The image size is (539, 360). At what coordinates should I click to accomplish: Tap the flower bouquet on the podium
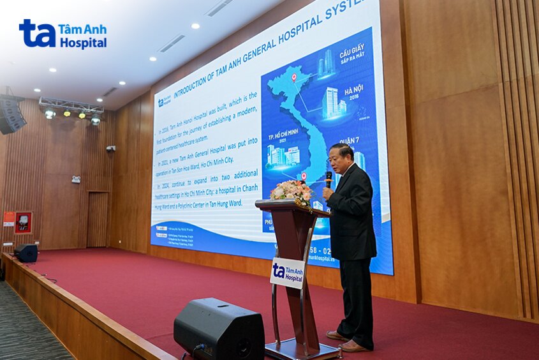(292, 191)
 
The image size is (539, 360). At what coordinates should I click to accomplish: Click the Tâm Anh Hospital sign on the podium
(287, 272)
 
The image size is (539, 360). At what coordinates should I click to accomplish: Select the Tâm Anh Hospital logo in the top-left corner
(63, 34)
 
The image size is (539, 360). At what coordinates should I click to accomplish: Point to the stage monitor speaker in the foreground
(219, 329)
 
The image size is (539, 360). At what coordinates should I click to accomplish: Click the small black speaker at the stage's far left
(26, 253)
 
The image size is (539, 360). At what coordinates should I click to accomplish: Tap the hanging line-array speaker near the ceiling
(12, 114)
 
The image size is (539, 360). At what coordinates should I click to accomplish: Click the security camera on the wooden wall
(110, 148)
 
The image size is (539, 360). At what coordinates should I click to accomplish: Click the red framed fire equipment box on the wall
(24, 222)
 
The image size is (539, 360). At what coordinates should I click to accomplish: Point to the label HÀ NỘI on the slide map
(354, 92)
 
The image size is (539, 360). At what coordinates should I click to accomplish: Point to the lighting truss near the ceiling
(70, 105)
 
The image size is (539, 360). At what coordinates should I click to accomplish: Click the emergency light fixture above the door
(76, 179)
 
